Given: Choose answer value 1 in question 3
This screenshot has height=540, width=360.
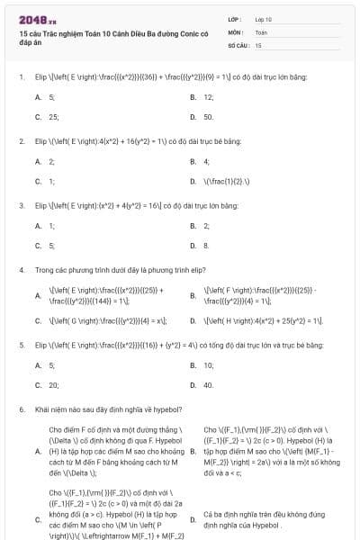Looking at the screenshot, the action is pos(51,226).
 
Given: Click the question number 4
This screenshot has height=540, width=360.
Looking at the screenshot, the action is pos(21,269).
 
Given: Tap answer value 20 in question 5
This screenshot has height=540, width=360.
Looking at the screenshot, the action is pos(54,385).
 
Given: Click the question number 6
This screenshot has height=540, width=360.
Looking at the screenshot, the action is pos(21,409).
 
